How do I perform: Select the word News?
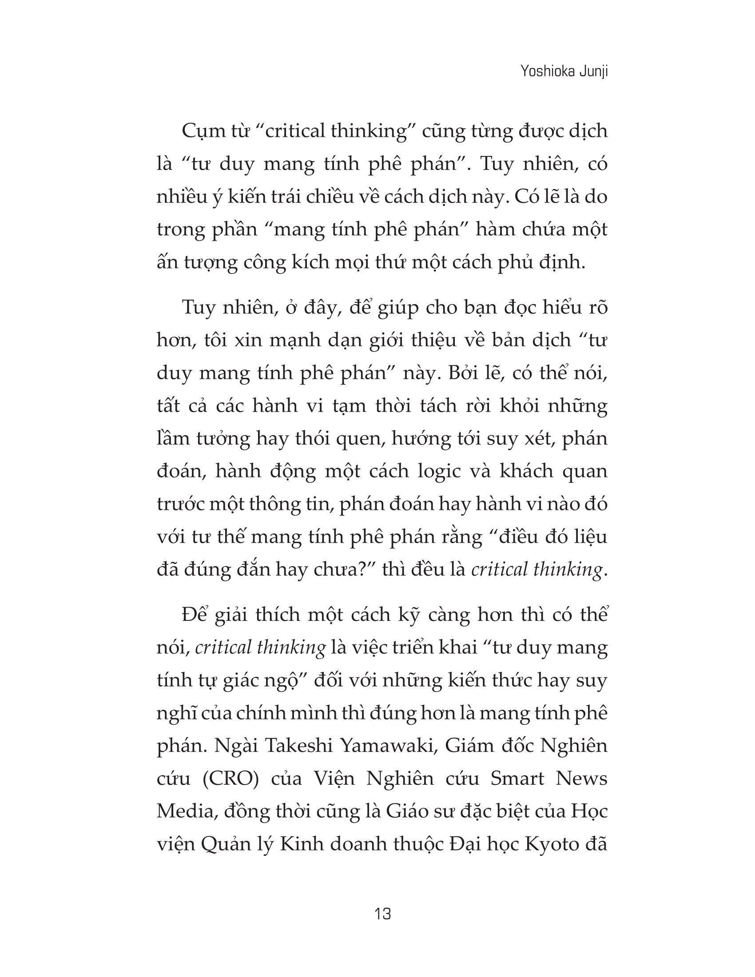click(584, 779)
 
